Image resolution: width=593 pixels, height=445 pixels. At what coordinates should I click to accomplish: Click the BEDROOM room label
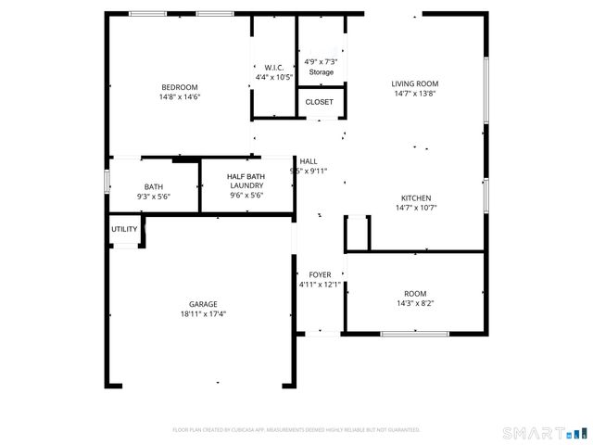click(180, 87)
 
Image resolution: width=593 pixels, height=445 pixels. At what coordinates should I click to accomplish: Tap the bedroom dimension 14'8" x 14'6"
click(180, 96)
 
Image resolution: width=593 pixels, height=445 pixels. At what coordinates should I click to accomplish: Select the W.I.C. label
click(273, 68)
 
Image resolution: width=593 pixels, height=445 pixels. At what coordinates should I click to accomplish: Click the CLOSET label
click(320, 102)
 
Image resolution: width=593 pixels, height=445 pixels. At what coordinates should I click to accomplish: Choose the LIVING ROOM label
click(414, 83)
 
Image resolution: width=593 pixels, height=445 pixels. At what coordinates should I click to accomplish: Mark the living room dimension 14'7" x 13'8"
click(414, 93)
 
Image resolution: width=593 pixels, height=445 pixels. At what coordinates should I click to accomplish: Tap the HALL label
click(308, 161)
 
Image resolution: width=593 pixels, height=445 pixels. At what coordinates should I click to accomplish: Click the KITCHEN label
click(415, 198)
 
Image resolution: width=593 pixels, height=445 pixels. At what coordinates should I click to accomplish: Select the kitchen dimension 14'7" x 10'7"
click(415, 208)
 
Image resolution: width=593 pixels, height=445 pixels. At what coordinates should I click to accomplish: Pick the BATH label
click(153, 186)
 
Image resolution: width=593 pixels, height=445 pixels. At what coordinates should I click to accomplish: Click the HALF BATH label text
click(246, 176)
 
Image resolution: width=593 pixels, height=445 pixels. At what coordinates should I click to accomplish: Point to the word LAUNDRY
click(246, 185)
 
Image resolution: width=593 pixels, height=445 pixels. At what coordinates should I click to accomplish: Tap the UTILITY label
click(124, 229)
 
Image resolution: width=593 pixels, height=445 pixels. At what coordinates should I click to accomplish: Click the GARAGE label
click(203, 304)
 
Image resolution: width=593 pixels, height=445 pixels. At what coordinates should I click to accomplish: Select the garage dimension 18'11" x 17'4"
click(203, 314)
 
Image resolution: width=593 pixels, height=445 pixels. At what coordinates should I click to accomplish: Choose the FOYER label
click(320, 275)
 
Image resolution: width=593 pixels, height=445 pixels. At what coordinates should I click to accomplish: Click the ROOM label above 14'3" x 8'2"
click(414, 293)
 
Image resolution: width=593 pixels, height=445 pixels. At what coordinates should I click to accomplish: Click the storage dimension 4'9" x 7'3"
click(321, 61)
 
